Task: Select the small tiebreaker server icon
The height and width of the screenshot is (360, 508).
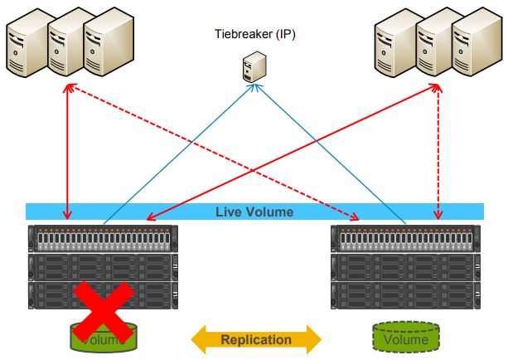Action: pos(253,66)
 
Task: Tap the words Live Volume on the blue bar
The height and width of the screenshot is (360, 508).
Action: pos(254,212)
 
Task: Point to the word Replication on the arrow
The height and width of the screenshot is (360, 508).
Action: pos(256,339)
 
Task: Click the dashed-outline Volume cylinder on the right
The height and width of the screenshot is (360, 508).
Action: pos(406,338)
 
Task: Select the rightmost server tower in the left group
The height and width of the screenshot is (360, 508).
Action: pos(103,43)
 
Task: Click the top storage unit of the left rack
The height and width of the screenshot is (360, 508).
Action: pos(104,238)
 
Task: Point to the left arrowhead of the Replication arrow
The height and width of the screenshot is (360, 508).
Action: pos(201,339)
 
